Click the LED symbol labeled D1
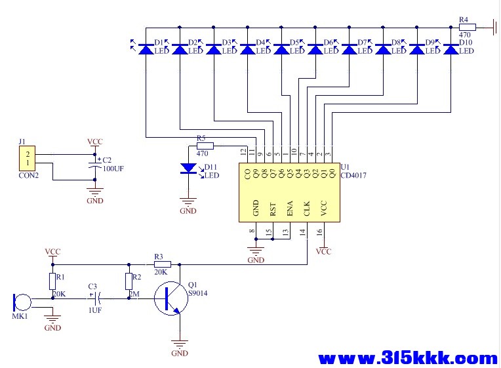tap(145, 49)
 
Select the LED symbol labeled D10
tap(451, 49)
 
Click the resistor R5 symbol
tap(205, 146)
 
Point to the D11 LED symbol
tap(189, 169)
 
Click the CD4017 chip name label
tap(355, 174)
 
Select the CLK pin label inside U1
tap(306, 209)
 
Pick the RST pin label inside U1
tap(273, 209)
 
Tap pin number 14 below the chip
tap(302, 232)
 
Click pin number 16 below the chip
tap(319, 232)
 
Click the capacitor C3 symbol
tap(95, 298)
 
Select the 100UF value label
tap(113, 169)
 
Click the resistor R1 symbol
tap(52, 281)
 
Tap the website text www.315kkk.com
tap(407, 358)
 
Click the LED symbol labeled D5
tap(281, 49)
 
